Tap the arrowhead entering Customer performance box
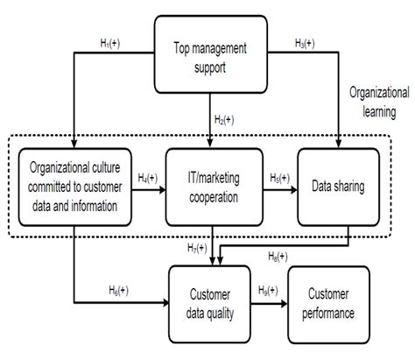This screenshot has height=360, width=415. [285, 304]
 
